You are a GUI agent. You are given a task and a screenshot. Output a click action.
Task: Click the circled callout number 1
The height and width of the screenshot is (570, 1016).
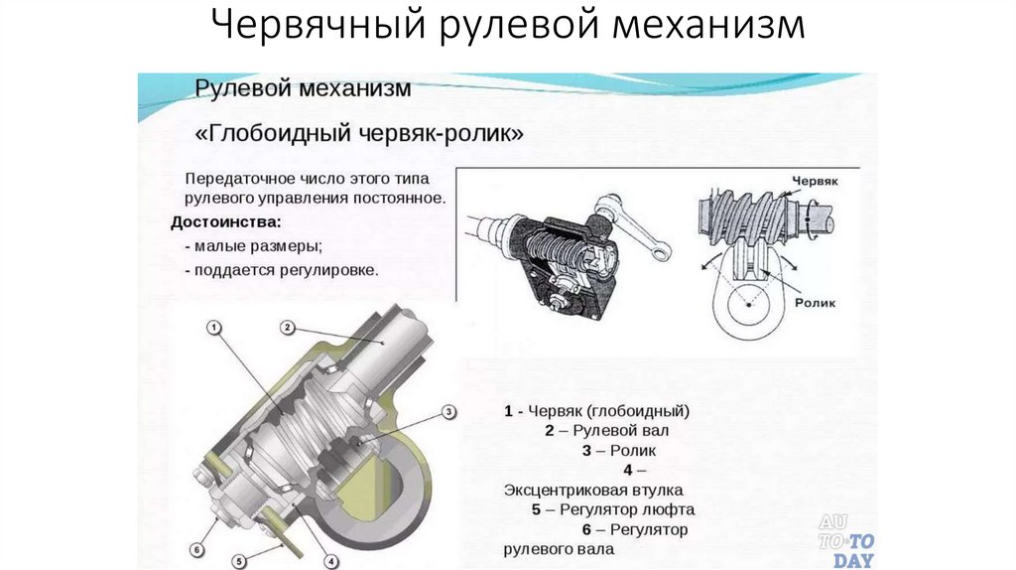point(214,328)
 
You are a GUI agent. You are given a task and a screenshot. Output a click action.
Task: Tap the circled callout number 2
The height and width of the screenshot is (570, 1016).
point(288,328)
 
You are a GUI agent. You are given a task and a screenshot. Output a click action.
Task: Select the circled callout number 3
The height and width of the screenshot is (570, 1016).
point(448,412)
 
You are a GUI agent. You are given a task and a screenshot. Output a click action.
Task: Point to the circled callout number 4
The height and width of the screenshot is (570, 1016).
point(330,562)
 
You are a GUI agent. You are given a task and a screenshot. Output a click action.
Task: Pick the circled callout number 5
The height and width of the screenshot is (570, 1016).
point(239,562)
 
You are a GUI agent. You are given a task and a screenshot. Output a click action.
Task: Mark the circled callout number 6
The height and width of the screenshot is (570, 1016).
point(197,550)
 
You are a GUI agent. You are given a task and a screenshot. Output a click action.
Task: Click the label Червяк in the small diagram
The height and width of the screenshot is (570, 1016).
point(816,181)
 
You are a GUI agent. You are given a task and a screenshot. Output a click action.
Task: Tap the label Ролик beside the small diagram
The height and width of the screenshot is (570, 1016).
point(816,303)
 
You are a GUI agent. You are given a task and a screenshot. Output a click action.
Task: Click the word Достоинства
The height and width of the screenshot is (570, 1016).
point(226,222)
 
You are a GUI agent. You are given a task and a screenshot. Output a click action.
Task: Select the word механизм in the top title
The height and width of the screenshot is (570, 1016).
point(708,25)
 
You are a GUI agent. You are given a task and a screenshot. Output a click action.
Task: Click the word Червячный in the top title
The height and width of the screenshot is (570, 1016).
point(318,26)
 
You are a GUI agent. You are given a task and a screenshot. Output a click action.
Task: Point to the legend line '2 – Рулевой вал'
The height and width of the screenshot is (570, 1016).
point(606,431)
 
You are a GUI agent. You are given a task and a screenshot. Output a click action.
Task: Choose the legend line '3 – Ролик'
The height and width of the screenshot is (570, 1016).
point(619,451)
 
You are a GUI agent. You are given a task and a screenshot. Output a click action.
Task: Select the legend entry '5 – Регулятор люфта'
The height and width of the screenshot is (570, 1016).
point(613,509)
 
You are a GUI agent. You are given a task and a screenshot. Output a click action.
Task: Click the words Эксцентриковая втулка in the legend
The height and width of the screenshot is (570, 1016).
point(593,491)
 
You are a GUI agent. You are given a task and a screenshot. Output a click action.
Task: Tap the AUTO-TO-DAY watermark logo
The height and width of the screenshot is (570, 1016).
point(846,541)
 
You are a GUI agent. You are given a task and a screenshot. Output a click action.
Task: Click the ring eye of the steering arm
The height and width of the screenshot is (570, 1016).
point(661,251)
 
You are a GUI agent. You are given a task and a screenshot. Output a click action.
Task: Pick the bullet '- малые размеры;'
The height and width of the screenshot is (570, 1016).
point(253,246)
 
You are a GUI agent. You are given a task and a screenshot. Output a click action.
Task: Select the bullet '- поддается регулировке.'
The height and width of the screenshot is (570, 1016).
point(281,270)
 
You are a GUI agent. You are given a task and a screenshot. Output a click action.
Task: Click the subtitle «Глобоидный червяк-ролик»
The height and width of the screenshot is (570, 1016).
point(359,134)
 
